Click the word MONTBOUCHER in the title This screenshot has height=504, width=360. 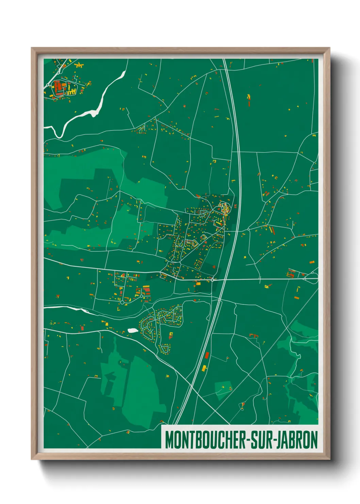[207, 440]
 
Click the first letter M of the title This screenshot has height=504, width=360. [169, 440]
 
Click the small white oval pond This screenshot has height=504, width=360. [132, 330]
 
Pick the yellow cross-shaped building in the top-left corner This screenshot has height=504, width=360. [79, 65]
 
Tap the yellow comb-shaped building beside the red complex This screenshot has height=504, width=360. [71, 91]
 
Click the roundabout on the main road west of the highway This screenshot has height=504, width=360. [212, 280]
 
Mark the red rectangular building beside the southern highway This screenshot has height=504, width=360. [206, 356]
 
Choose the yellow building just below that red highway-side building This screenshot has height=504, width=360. [204, 368]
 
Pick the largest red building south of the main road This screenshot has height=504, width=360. [146, 290]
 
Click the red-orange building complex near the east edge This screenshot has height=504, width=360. [291, 273]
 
